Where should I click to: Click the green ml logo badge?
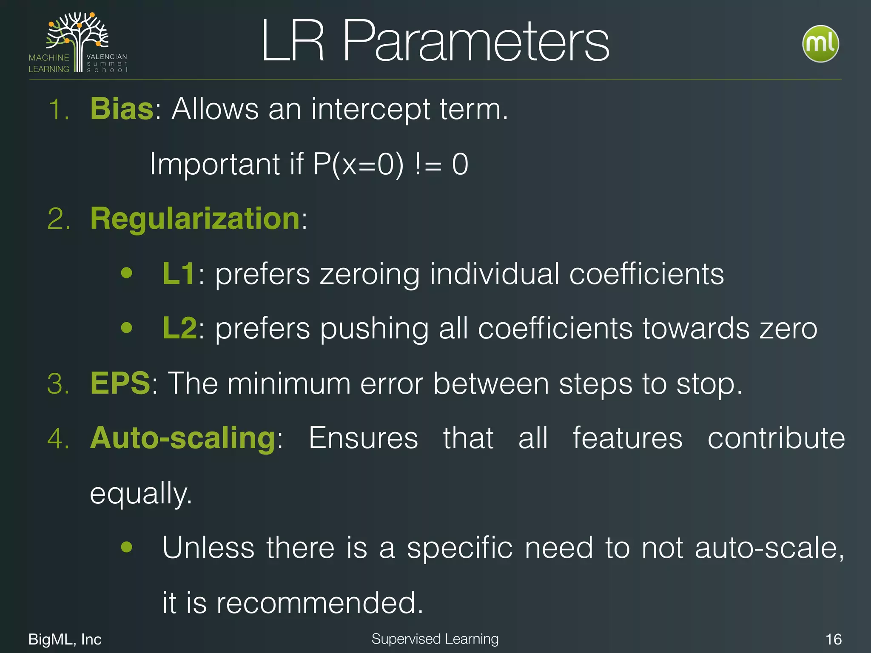coord(820,44)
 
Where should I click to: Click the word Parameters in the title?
coord(475,41)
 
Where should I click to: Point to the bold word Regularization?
coord(195,219)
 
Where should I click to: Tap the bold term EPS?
coord(120,383)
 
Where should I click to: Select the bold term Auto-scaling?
coord(183,438)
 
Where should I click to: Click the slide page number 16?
coord(833,639)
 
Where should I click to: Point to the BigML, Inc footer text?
coord(65,639)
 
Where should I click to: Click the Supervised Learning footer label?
coord(435,639)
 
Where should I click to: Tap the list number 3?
coord(58,383)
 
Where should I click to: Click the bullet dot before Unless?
coord(126,547)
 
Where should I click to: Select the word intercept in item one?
coord(370,109)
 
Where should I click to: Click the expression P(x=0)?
coord(358,164)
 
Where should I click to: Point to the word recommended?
coord(320,602)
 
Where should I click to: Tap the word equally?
coord(141,493)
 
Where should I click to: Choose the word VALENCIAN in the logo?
coord(107,57)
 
